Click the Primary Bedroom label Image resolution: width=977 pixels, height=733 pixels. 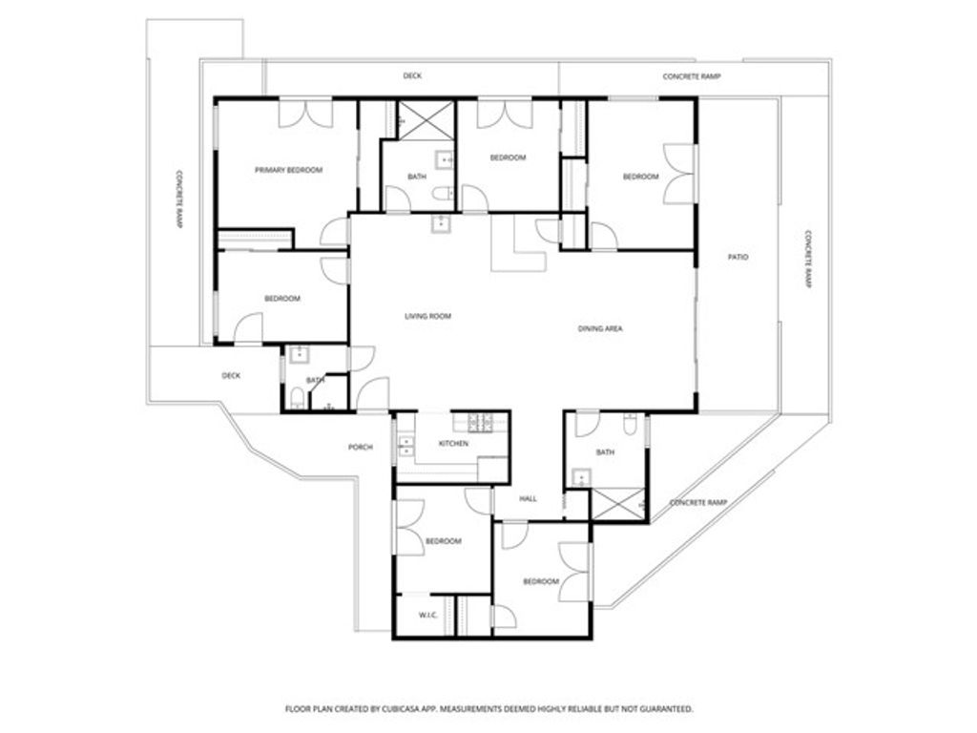[x=288, y=170]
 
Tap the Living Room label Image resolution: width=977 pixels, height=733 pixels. [x=427, y=316]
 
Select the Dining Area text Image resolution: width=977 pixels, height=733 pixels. [x=600, y=329]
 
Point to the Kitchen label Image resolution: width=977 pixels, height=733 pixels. [x=453, y=445]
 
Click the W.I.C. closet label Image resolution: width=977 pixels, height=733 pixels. [x=427, y=615]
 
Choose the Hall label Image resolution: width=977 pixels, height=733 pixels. [x=529, y=498]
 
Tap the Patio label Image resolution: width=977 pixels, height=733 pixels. [x=738, y=257]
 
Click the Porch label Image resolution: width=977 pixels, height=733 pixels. [x=361, y=447]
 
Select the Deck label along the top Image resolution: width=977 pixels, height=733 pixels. [x=412, y=75]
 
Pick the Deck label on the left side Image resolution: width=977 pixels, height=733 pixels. [x=231, y=375]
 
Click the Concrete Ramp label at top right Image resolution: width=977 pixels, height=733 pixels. [x=692, y=75]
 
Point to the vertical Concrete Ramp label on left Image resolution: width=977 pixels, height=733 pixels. [x=178, y=199]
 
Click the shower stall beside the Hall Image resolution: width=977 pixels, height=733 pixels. [x=617, y=503]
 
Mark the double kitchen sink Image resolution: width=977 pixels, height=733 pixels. [x=405, y=444]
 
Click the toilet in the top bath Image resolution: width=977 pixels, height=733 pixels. [x=441, y=194]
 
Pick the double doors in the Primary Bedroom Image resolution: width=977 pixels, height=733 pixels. [x=304, y=112]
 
